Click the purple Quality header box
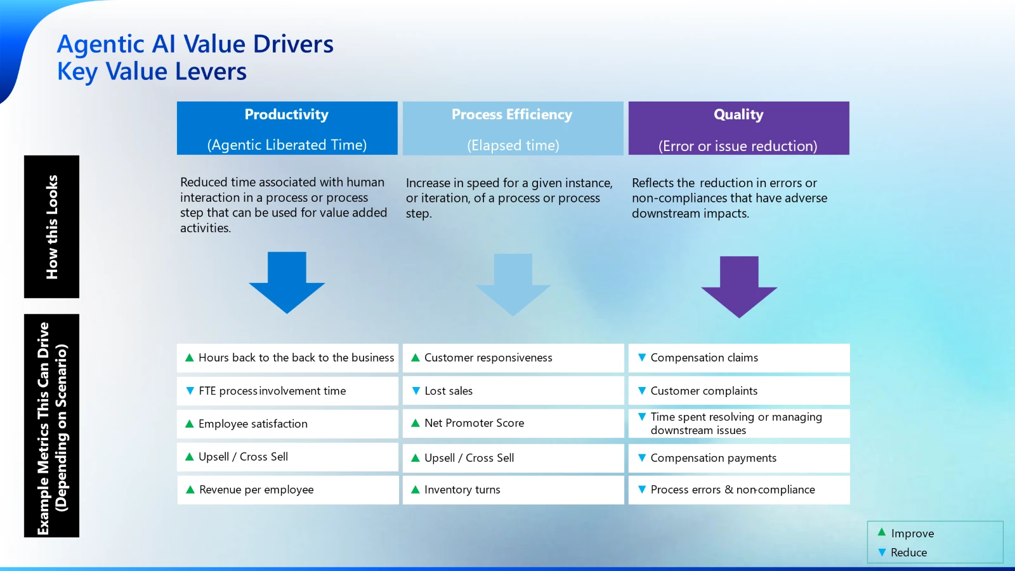[x=738, y=128]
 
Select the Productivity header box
[x=287, y=128]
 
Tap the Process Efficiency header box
[x=513, y=128]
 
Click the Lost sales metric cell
[x=513, y=391]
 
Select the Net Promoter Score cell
[x=513, y=423]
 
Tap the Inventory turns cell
[x=513, y=490]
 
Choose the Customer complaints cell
[x=738, y=391]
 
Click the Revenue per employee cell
[x=287, y=490]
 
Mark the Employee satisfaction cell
[x=287, y=424]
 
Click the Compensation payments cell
[x=738, y=458]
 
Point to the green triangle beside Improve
[x=882, y=532]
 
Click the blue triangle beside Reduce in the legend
[x=882, y=553]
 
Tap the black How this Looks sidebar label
[x=52, y=226]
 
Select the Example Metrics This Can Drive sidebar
[x=52, y=426]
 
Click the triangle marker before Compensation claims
[x=641, y=358]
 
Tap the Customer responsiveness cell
[x=513, y=358]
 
